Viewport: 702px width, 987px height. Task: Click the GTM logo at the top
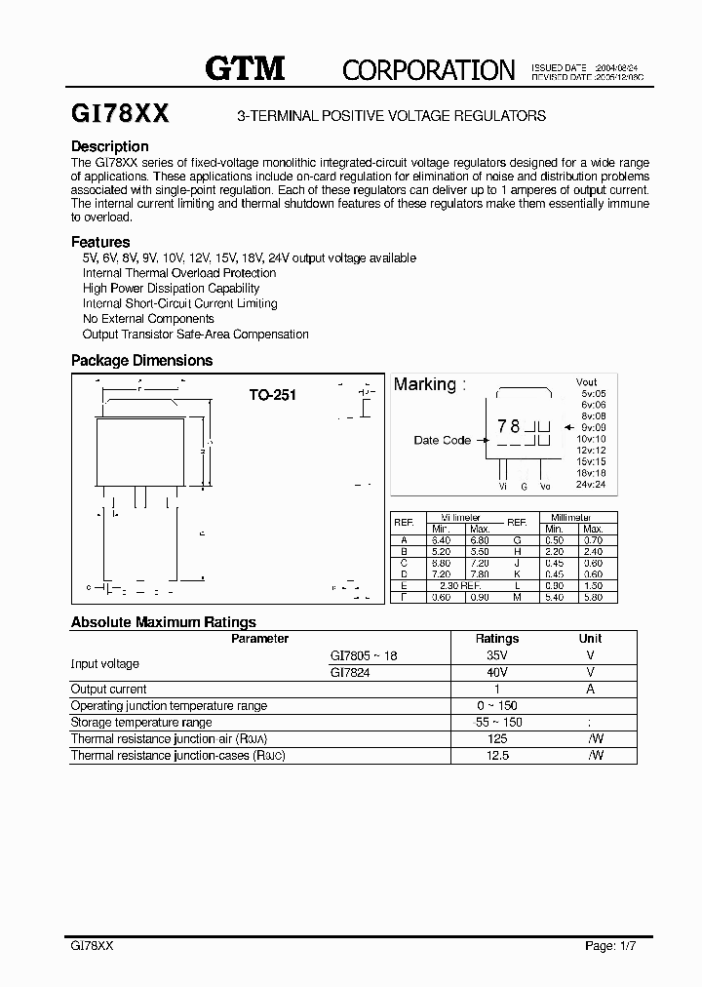tap(244, 67)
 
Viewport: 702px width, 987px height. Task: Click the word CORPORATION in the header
tap(428, 69)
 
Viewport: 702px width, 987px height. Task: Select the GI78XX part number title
tap(120, 114)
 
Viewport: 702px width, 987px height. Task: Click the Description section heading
tap(110, 146)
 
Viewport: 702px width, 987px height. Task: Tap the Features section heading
tap(100, 242)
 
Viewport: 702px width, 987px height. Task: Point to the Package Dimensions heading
tap(141, 360)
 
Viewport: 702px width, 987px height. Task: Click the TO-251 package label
tap(272, 395)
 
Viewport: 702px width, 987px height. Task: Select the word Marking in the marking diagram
tap(424, 384)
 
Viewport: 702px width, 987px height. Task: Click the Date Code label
tap(442, 440)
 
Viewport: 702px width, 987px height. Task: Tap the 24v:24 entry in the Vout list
tap(590, 484)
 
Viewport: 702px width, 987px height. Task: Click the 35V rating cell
tap(496, 656)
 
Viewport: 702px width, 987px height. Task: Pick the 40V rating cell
tap(496, 672)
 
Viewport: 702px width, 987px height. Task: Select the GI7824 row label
tap(350, 672)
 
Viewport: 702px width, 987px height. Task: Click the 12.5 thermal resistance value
tap(496, 755)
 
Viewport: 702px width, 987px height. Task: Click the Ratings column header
tap(496, 639)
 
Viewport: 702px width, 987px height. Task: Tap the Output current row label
tap(108, 689)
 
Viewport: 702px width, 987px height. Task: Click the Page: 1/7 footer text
tap(610, 945)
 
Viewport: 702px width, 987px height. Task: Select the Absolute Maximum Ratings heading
tap(163, 621)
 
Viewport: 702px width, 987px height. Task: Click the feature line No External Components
tap(148, 318)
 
